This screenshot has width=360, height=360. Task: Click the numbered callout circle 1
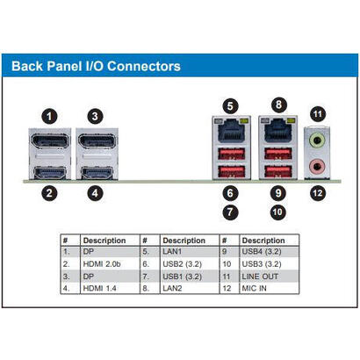49,117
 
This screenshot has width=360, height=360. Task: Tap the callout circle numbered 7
230,212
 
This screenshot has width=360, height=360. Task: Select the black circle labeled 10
277,212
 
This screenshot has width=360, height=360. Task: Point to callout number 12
318,193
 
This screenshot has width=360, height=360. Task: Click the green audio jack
317,140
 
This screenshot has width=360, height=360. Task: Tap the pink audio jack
317,167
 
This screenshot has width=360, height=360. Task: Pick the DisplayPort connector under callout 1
50,141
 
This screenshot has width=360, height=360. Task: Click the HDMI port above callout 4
97,173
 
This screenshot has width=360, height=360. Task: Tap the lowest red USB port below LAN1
232,171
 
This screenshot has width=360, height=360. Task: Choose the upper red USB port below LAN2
278,154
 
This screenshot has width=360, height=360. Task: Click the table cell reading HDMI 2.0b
102,264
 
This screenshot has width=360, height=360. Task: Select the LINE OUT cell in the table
260,277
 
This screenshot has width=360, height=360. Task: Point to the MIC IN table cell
254,288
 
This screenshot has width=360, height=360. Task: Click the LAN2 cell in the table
172,288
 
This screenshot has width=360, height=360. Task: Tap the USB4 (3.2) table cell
262,251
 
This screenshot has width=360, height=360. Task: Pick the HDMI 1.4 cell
99,288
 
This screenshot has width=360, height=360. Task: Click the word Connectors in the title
144,66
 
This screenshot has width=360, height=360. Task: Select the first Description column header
104,241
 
